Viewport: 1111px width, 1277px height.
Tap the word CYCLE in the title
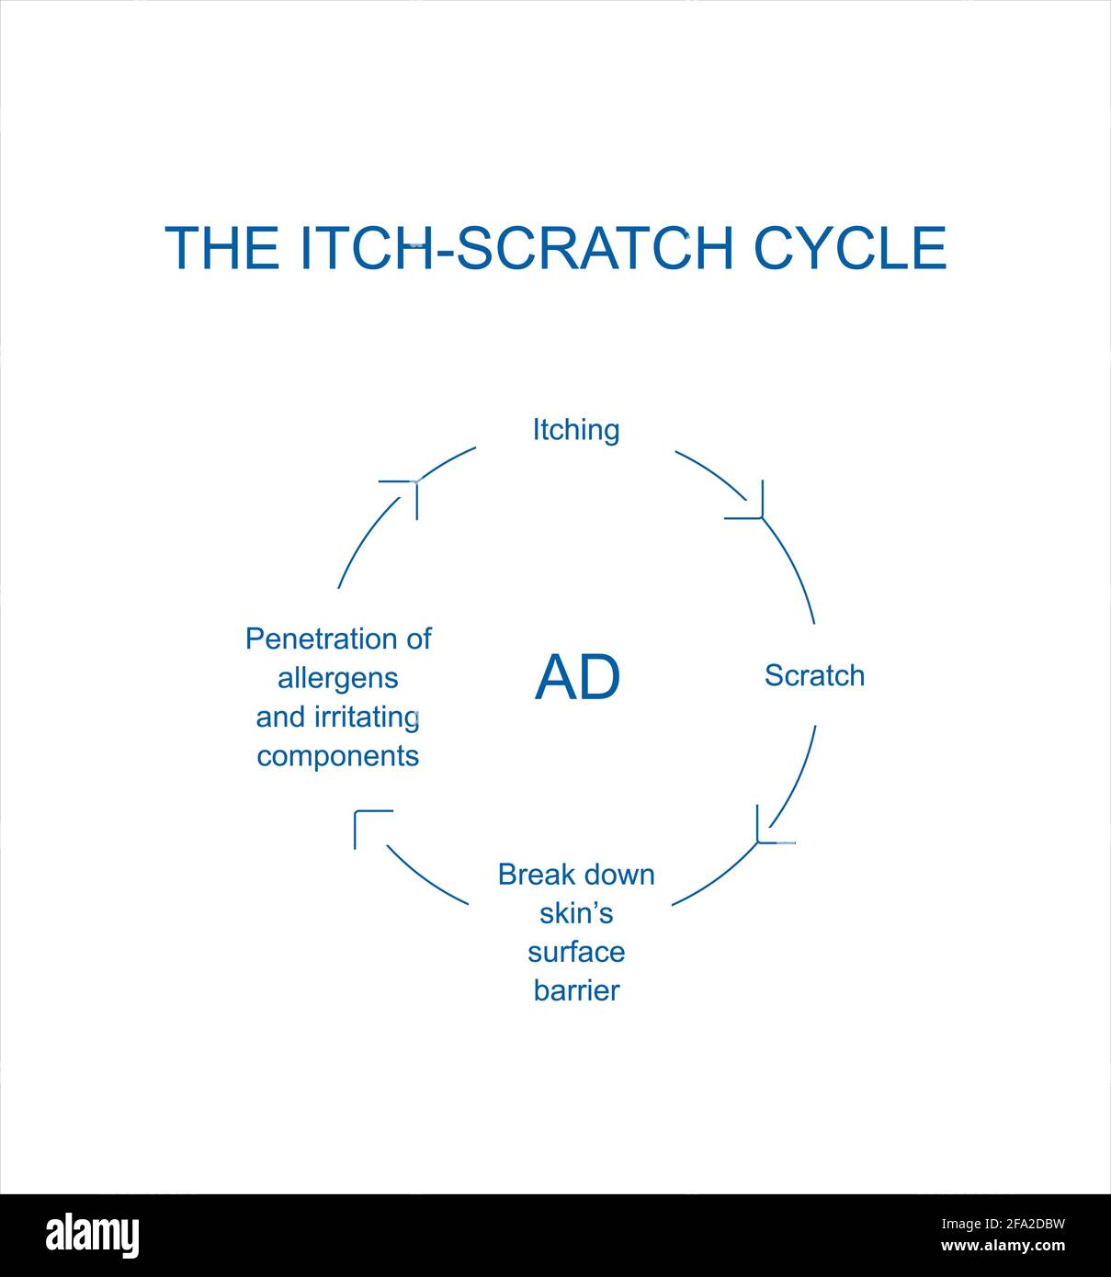850,248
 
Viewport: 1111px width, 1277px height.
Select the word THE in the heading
222,248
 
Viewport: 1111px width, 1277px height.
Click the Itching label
576,431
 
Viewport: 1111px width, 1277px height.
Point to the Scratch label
814,676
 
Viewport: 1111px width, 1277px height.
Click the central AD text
577,678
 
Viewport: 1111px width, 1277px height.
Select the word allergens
337,679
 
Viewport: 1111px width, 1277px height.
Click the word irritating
367,718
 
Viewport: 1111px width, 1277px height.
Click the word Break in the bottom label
536,875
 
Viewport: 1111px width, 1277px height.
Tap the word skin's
576,914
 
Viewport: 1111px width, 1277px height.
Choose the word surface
576,953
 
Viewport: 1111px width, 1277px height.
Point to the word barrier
577,991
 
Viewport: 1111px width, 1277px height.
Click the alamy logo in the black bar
93,1235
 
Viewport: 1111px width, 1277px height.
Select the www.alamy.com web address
1003,1246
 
